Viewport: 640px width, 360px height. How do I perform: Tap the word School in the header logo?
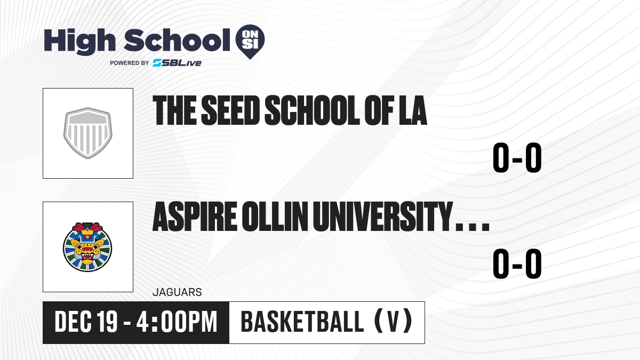[177, 39]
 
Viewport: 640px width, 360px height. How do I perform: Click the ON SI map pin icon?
[250, 42]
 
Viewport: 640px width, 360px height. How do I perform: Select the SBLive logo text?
[177, 63]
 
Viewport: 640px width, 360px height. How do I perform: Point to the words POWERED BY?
[130, 63]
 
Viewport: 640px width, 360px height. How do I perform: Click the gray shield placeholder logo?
[87, 133]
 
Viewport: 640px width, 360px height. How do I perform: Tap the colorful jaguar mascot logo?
[87, 247]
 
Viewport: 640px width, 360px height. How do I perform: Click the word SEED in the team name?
[230, 110]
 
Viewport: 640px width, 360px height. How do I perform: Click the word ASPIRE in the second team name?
[195, 217]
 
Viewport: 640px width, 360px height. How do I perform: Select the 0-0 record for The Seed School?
[517, 157]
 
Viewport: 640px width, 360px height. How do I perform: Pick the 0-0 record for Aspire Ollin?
[517, 263]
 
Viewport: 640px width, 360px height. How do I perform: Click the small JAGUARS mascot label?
[178, 292]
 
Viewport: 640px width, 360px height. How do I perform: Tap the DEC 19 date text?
[86, 322]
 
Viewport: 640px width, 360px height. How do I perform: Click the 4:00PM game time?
[177, 322]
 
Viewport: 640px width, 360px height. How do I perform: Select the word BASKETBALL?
[302, 322]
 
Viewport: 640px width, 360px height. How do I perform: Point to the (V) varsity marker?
[393, 322]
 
